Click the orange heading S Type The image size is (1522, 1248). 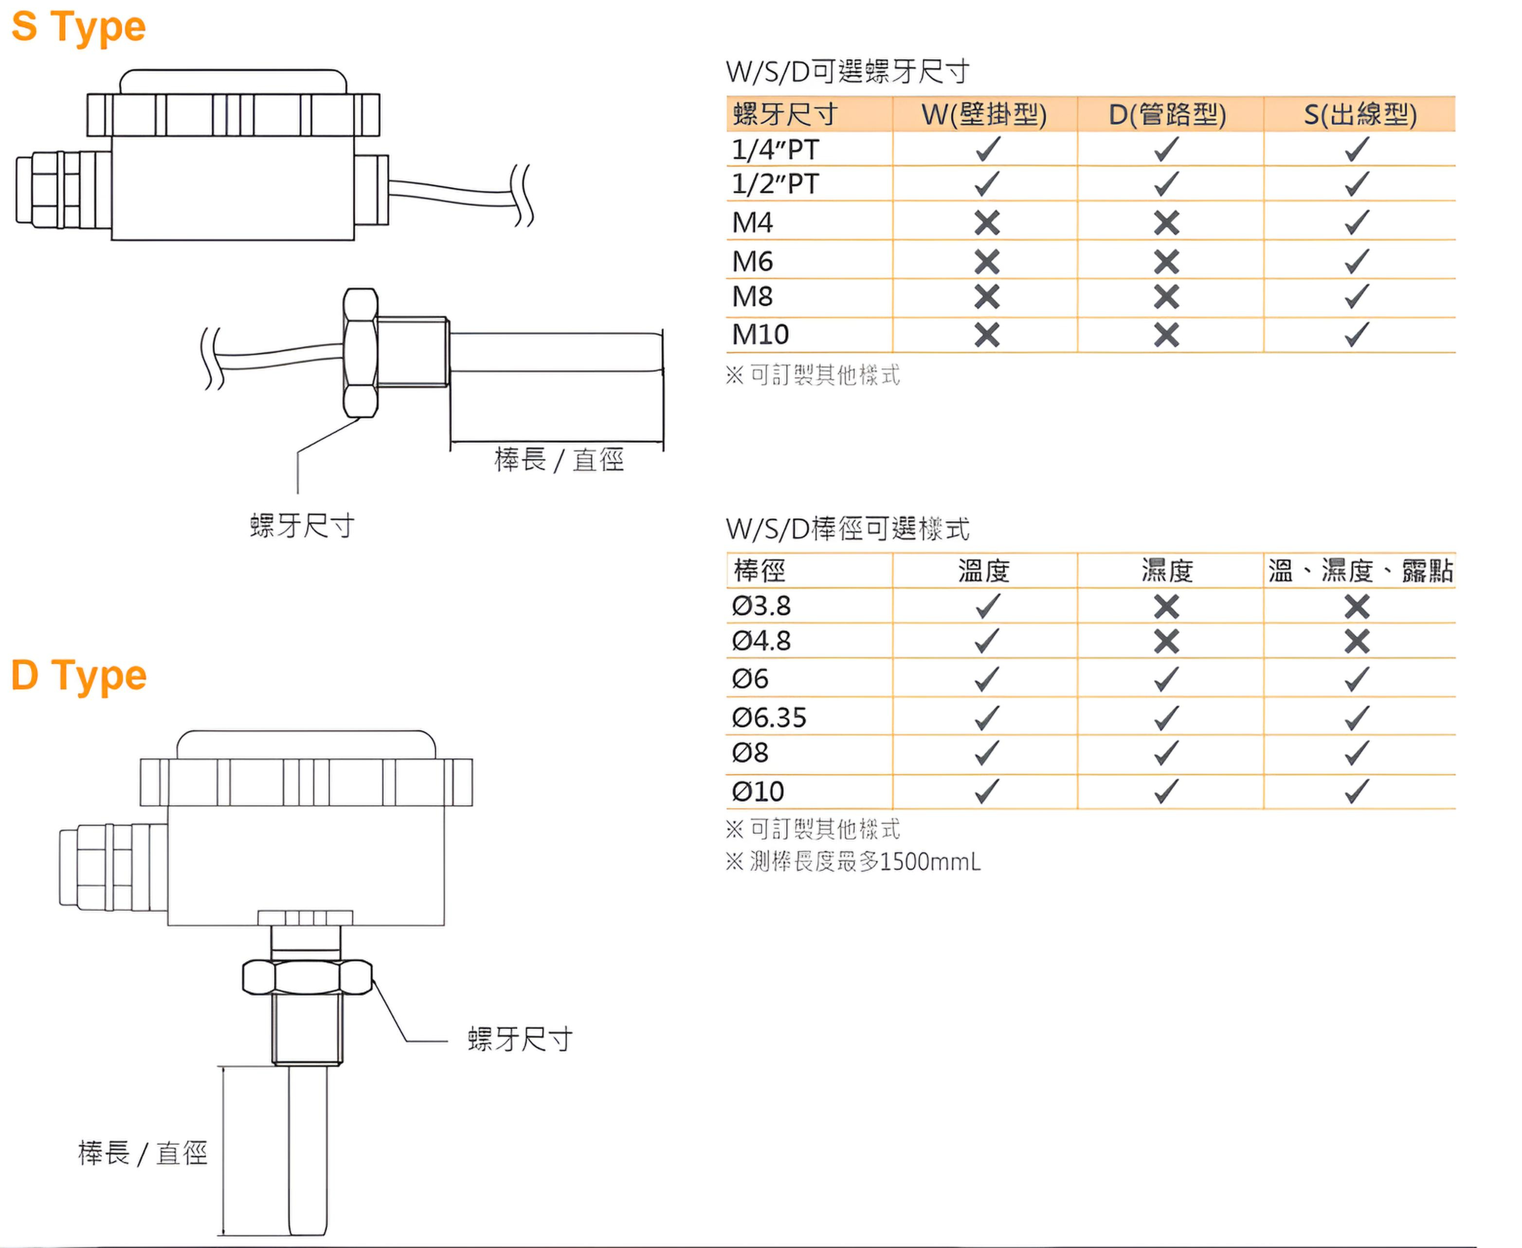(78, 27)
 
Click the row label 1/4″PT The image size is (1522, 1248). (775, 149)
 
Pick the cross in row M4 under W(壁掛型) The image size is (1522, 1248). (987, 223)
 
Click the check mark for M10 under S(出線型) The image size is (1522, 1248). (1357, 334)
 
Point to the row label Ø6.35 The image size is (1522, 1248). (769, 717)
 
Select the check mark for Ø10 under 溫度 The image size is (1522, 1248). (987, 791)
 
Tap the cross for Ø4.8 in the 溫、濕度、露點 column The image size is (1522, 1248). (1357, 641)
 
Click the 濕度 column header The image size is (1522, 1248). (1167, 571)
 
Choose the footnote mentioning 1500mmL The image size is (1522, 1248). (853, 861)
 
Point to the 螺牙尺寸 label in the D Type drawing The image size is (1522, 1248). (520, 1039)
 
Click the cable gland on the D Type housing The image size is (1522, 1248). (113, 867)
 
